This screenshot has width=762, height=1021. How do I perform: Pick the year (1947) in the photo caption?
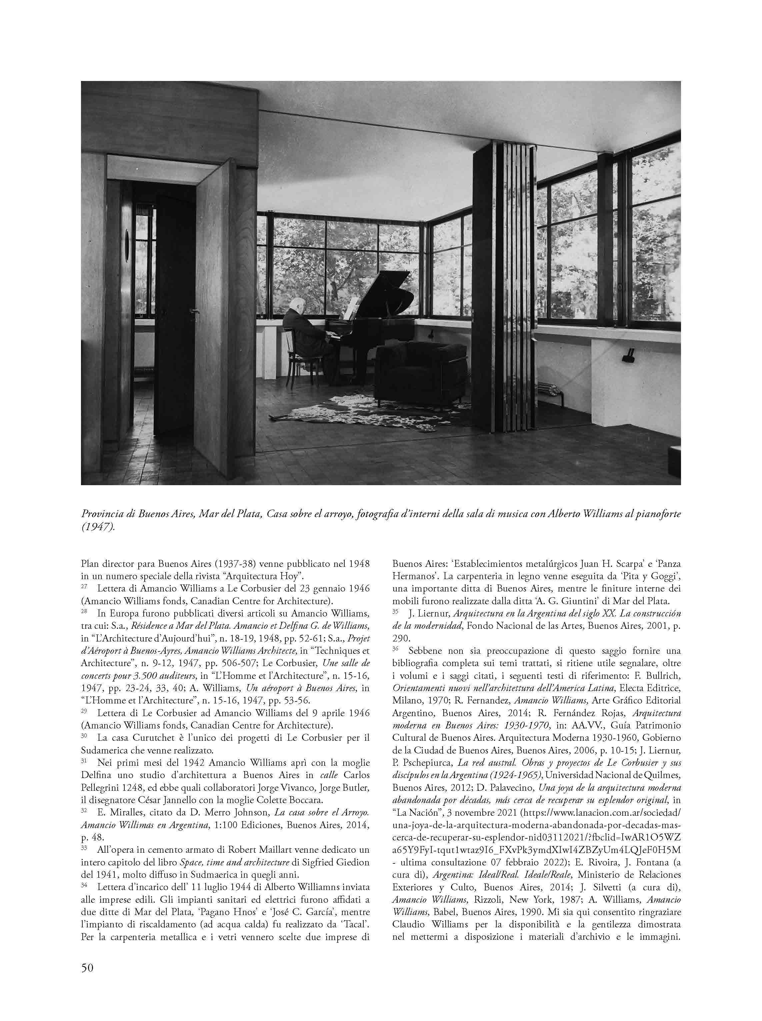[97, 527]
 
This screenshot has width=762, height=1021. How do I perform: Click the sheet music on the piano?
[352, 307]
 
